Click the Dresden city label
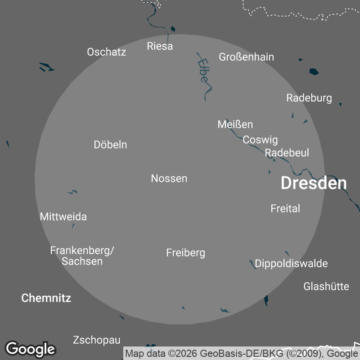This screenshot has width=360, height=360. click(314, 183)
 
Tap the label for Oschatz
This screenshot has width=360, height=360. click(106, 52)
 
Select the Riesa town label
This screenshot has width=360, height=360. click(160, 46)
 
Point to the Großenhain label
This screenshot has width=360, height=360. click(246, 57)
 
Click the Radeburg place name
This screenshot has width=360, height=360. click(309, 98)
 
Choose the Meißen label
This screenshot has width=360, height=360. click(235, 124)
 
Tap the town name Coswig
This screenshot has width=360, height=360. click(260, 139)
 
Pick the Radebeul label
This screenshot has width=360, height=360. click(287, 153)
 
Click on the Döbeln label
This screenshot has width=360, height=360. click(110, 144)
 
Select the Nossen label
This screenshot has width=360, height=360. click(169, 178)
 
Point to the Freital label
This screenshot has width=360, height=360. click(285, 208)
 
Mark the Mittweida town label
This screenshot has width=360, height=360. click(63, 216)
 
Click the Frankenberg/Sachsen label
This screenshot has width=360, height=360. click(82, 255)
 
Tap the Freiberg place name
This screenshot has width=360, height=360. click(185, 252)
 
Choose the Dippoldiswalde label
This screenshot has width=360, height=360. click(291, 263)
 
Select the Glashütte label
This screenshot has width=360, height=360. click(326, 286)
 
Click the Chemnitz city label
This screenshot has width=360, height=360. click(46, 297)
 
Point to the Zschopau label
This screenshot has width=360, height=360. click(96, 340)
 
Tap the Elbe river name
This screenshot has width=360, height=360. click(203, 71)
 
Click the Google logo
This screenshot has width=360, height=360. click(30, 349)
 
